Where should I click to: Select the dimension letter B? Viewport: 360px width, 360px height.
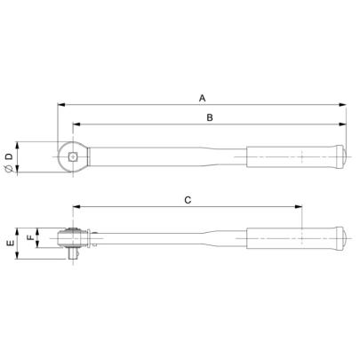coord(210,116)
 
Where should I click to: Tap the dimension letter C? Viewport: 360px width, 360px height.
coord(188,200)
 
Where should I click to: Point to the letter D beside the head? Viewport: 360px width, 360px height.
coord(10,157)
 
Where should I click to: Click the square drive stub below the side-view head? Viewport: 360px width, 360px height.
coord(71,255)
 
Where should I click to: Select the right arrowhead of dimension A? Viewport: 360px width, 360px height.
coord(345,104)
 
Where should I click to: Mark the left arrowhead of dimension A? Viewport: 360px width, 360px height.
coord(60,104)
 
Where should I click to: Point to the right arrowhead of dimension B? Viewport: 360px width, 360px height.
coord(345,124)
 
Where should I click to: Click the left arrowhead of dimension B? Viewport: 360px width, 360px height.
coord(74,124)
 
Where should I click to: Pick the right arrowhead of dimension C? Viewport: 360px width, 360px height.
coord(300,208)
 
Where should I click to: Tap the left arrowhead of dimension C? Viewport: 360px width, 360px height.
coord(74,208)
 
